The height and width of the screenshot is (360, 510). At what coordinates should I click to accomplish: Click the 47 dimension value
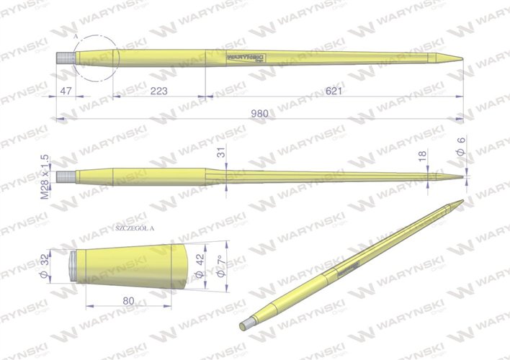[66, 91]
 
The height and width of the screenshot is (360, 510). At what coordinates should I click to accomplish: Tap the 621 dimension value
[332, 91]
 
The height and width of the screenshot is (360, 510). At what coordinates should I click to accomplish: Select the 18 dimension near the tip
[423, 155]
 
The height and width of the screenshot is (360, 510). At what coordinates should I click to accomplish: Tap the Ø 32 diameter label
[44, 266]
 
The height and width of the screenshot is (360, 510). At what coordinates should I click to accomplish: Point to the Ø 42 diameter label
[199, 265]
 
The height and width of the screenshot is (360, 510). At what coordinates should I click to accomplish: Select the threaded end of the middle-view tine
[66, 174]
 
